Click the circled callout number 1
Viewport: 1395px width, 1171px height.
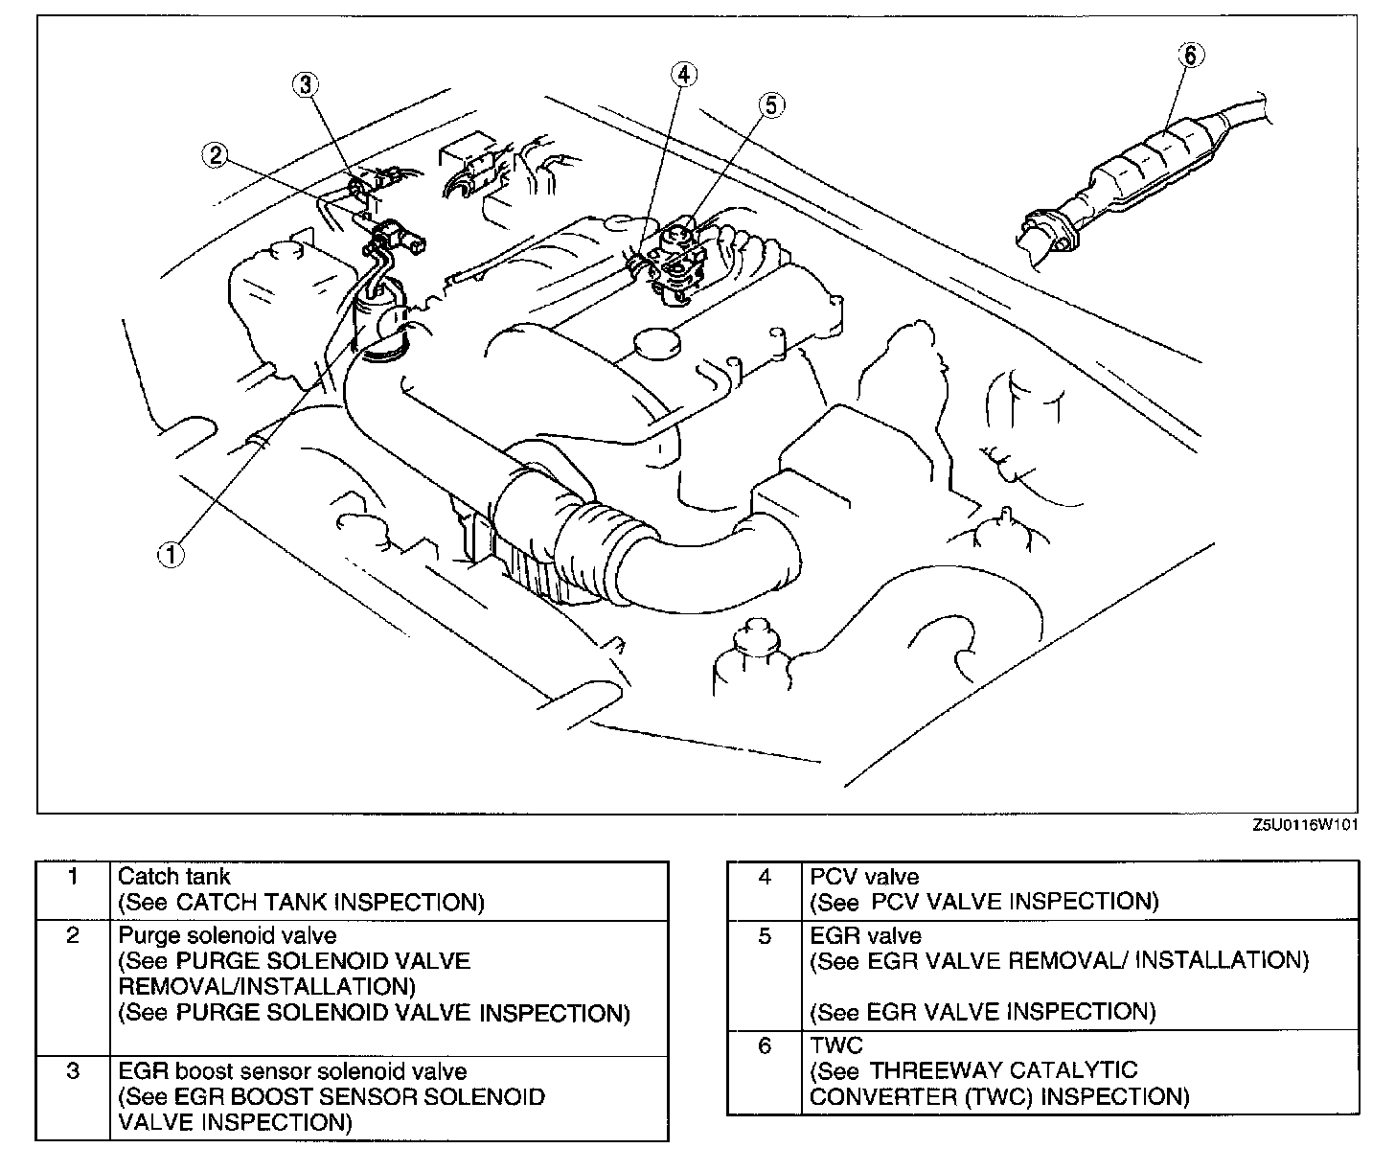pos(171,554)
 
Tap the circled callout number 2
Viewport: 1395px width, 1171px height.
pos(217,153)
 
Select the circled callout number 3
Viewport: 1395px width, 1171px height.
pos(305,85)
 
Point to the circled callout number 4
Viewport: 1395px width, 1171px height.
pos(684,75)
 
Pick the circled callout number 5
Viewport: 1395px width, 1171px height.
pos(772,105)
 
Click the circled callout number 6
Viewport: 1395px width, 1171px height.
pos(1189,56)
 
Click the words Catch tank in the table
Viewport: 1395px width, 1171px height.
pos(173,876)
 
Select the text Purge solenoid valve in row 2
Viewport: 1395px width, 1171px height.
pos(227,934)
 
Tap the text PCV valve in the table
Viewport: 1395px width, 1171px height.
pos(864,876)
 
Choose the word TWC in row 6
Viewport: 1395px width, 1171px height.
pos(835,1045)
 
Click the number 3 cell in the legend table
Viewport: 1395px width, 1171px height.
pos(73,1070)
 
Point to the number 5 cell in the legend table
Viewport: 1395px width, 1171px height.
pos(764,936)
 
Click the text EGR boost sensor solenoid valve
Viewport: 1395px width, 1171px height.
pos(292,1071)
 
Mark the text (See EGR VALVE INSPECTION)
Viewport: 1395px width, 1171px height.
pos(983,1012)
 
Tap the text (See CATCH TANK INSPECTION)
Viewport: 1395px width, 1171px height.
pos(301,902)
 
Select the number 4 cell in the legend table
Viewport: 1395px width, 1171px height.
pos(764,877)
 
